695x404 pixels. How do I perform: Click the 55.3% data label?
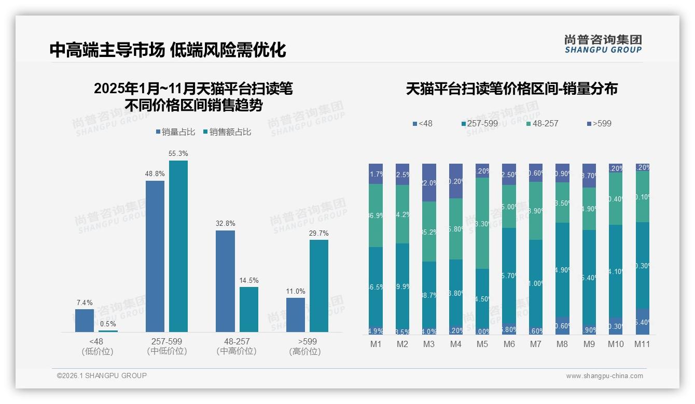point(178,154)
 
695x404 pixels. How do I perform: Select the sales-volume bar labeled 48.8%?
point(155,256)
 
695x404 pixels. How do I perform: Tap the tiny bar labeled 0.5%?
point(108,330)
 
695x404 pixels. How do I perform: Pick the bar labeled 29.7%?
point(319,285)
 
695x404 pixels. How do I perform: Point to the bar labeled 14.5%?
point(249,309)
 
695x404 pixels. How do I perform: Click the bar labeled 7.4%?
point(85,320)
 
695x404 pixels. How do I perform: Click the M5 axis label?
point(482,344)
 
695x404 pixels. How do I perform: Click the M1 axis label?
point(376,344)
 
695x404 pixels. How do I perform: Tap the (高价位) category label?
point(304,352)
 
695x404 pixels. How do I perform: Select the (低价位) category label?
point(97,352)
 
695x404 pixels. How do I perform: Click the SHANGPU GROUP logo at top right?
point(603,44)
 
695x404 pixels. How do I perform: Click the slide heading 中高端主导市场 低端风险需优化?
point(168,50)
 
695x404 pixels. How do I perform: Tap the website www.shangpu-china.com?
point(604,376)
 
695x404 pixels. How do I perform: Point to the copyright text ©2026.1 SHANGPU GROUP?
point(102,376)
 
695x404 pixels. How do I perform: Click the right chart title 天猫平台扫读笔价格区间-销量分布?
point(511,89)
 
